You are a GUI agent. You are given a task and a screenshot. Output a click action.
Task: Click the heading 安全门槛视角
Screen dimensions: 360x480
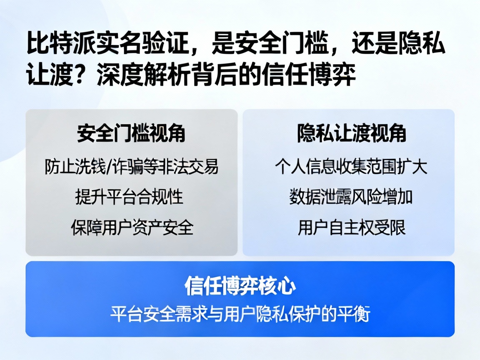pos(131,134)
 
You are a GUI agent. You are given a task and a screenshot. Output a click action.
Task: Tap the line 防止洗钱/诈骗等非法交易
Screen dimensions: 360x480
pos(131,167)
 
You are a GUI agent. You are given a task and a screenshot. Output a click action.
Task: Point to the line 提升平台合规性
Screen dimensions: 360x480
pos(129,197)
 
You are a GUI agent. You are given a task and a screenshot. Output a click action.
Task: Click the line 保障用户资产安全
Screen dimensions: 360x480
pos(132,227)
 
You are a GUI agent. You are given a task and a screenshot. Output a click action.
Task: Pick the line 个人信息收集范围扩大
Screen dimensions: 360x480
pos(351,167)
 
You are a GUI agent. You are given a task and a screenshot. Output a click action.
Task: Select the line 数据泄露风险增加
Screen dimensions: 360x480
pos(351,197)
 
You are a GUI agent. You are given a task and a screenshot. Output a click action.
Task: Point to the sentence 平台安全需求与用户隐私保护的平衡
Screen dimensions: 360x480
pos(240,314)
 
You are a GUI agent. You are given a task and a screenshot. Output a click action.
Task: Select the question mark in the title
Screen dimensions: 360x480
pos(84,75)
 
